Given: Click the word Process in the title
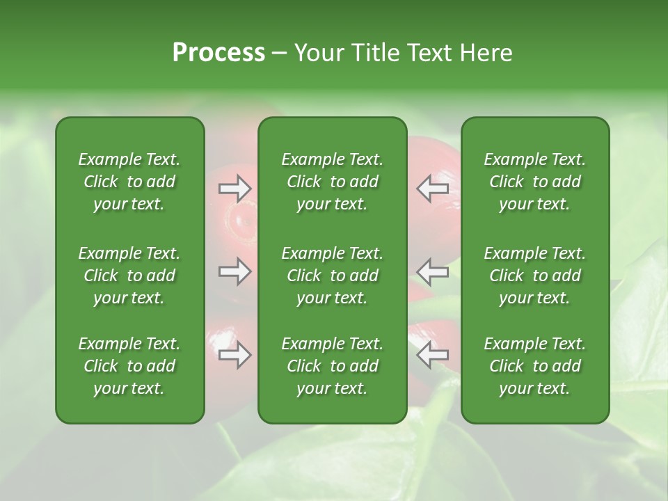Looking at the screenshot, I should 218,53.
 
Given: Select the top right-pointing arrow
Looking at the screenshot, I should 234,189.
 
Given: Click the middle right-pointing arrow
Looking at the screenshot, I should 234,271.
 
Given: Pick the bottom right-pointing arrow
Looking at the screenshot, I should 234,356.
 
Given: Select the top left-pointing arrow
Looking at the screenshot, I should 432,189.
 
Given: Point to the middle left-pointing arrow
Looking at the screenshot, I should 432,271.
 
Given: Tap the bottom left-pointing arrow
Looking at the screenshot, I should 432,356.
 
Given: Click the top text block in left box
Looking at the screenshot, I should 129,182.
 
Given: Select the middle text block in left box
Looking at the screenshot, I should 129,276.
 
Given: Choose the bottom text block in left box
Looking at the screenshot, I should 129,366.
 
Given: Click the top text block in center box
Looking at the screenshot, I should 332,182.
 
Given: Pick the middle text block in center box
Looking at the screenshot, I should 332,276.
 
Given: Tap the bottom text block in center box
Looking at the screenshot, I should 332,366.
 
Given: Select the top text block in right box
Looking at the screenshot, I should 534,182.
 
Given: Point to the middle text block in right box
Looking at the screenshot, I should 534,276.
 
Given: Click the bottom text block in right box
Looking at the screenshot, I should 534,366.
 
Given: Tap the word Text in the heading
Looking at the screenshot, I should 427,53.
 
